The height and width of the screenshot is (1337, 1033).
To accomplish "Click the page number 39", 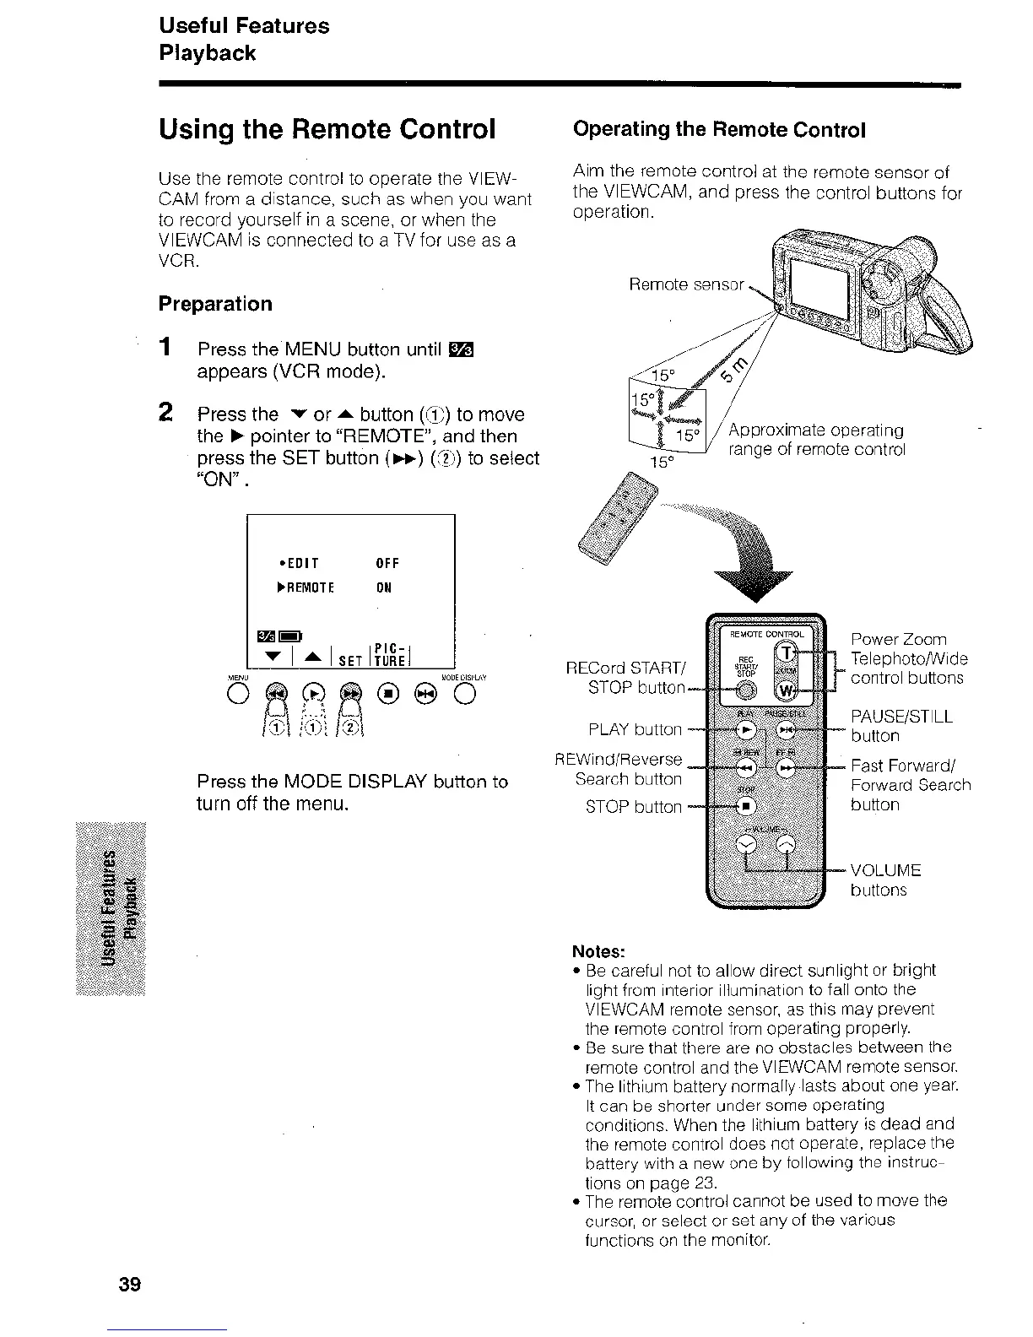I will point(129,1285).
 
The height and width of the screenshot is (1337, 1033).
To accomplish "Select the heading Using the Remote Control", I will point(327,129).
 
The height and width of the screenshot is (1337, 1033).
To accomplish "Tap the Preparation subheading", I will point(215,304).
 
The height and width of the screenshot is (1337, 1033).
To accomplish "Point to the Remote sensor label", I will point(686,284).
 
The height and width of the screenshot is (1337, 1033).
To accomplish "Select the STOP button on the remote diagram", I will point(747,805).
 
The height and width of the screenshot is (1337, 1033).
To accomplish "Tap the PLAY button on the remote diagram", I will point(746,729).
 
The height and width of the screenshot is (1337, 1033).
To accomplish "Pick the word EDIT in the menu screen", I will point(302,563).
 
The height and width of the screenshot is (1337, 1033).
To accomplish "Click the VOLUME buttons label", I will point(884,880).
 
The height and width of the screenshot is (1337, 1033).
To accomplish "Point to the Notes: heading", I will point(598,951).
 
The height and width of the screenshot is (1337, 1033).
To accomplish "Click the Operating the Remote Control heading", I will point(719,130).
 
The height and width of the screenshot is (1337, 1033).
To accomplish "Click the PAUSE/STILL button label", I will point(900,726).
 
